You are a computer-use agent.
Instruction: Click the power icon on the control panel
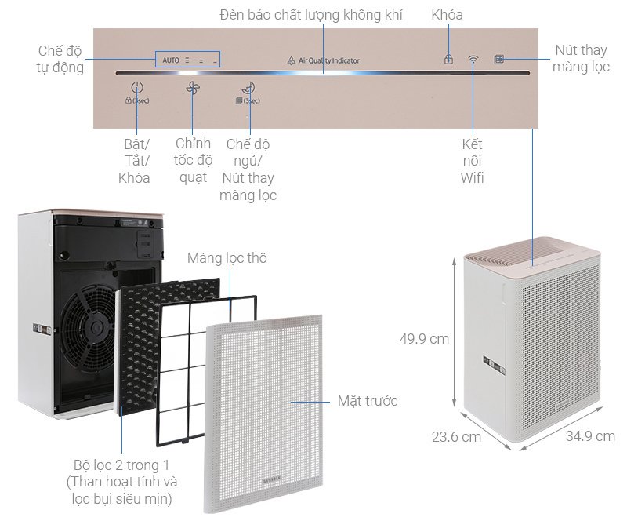click(x=137, y=89)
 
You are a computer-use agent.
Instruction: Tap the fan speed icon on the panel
click(x=194, y=89)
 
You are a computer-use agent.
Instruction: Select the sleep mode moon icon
click(x=249, y=89)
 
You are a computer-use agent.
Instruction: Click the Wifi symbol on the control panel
click(x=473, y=59)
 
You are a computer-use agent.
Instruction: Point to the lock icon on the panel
click(x=449, y=59)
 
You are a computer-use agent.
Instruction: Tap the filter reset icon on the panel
click(x=498, y=59)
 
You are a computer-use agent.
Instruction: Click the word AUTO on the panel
click(x=171, y=60)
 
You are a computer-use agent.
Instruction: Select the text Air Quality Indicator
click(x=334, y=60)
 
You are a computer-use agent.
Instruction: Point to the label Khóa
click(x=447, y=15)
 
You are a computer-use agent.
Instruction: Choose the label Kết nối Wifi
click(x=473, y=161)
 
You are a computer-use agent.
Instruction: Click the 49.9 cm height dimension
click(x=423, y=339)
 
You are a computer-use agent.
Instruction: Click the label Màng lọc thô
click(x=227, y=257)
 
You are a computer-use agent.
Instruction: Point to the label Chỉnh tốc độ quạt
click(x=192, y=160)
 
